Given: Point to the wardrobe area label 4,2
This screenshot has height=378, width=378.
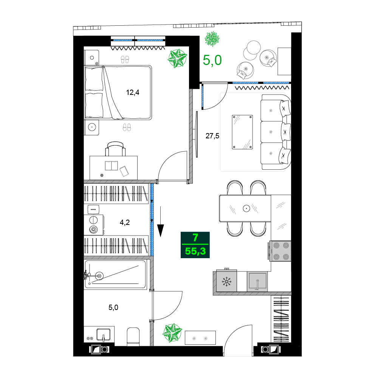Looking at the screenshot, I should click(125, 222).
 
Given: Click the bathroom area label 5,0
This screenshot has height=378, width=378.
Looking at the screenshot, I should click(113, 307).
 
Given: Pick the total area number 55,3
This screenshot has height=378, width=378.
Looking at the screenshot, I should click(195, 251).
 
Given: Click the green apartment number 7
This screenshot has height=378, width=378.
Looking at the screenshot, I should click(195, 238).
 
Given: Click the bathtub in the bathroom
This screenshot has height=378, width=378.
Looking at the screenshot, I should click(115, 275).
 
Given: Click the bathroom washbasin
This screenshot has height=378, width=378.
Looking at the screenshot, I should click(103, 335).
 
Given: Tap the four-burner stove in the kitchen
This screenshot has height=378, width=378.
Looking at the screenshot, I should click(280, 251).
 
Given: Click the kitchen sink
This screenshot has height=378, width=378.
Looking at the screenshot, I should click(257, 282).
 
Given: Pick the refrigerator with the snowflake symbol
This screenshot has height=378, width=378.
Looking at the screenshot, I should click(226, 282).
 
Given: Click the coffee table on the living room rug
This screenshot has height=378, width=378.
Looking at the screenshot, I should click(242, 132).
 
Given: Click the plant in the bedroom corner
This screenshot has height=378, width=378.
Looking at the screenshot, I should click(177, 59).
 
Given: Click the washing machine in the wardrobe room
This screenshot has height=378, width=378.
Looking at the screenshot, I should click(93, 225).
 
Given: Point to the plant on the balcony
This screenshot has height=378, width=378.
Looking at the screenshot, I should click(212, 39).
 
